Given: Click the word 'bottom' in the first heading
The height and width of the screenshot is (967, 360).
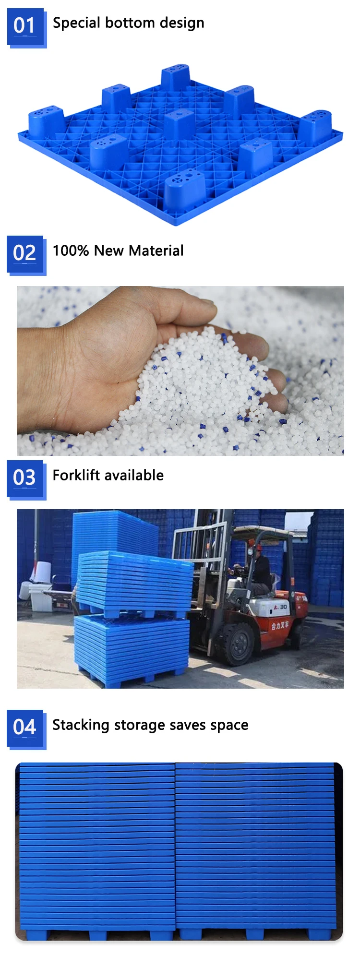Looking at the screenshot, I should (x=130, y=23).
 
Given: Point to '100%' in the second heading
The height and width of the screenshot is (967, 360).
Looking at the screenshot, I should (x=71, y=251).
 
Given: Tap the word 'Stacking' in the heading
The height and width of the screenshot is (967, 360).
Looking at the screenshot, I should (x=81, y=725).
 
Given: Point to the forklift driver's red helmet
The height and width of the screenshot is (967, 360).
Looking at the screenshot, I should (x=259, y=547).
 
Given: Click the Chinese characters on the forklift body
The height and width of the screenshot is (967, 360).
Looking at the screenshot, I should (x=280, y=625).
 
